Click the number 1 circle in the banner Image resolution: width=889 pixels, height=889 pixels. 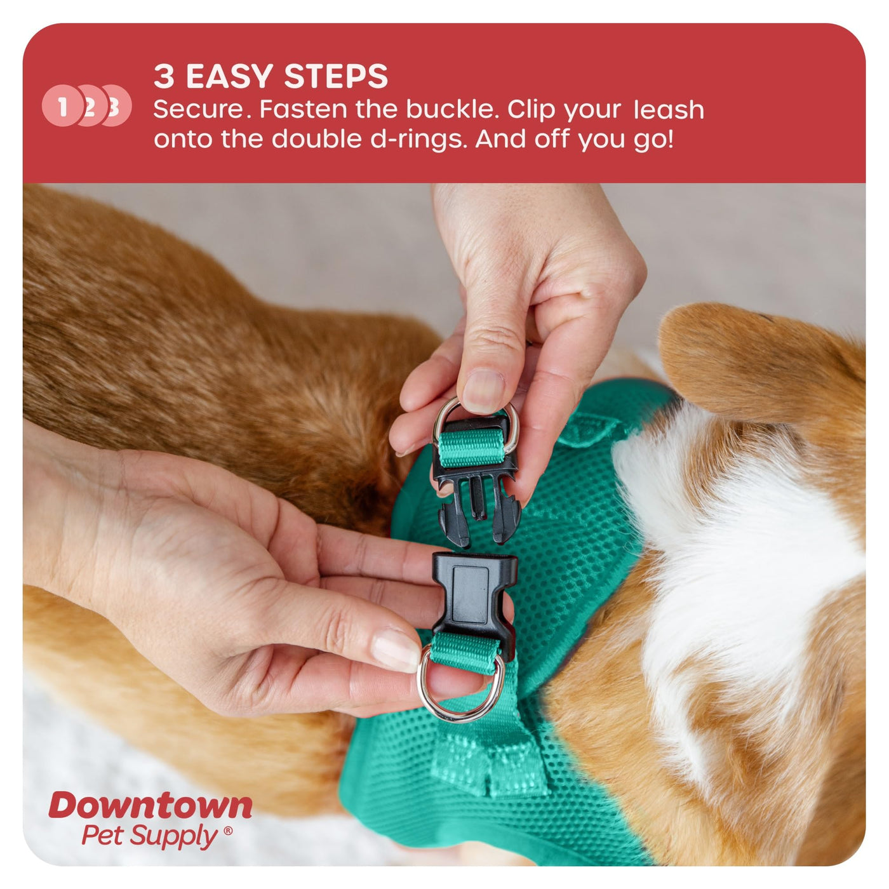click(x=62, y=105)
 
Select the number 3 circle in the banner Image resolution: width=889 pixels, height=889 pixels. click(x=116, y=105)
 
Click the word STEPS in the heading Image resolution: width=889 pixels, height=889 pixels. click(x=336, y=76)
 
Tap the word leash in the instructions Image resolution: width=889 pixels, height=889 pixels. click(x=669, y=110)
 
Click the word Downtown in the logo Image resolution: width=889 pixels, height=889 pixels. click(x=150, y=806)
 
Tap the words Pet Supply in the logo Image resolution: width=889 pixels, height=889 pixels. click(x=150, y=835)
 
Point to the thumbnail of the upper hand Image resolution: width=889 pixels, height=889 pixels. click(x=483, y=389)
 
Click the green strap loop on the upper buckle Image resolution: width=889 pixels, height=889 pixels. click(x=471, y=447)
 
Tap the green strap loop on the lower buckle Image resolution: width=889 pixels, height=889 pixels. click(x=465, y=653)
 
